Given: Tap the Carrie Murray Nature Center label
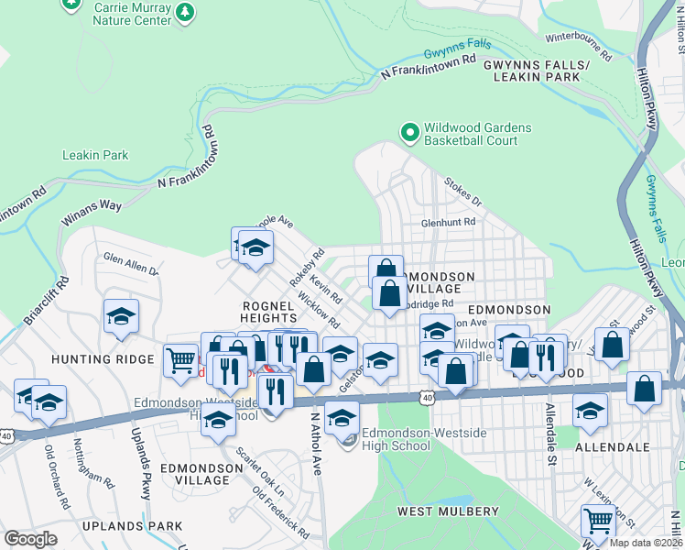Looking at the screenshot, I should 132,13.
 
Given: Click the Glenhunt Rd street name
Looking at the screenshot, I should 448,222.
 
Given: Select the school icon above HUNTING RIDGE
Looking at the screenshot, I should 121,316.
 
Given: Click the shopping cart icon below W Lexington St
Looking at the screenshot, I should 598,521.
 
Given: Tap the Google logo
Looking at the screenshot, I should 30,538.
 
